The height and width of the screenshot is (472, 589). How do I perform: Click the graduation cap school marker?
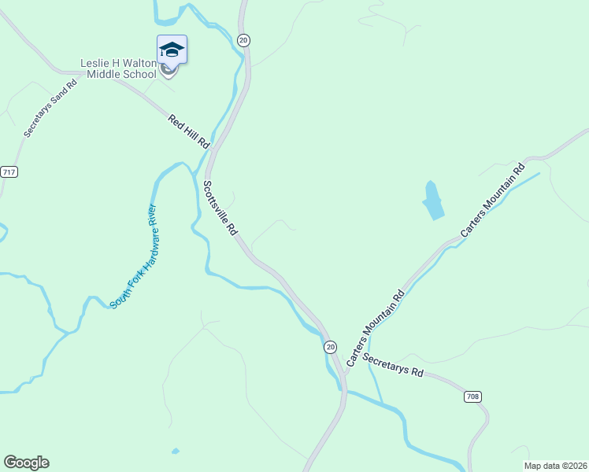172,50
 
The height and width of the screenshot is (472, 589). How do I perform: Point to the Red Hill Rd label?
188,131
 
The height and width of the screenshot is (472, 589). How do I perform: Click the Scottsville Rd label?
220,208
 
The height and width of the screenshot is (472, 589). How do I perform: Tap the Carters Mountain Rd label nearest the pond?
493,201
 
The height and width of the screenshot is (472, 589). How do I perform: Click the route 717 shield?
9,171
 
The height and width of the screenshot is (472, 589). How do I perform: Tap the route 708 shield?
472,396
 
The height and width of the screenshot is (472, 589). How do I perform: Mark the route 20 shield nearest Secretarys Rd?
330,346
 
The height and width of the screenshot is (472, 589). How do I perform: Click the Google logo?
26,463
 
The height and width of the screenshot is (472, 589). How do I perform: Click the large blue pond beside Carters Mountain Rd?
432,201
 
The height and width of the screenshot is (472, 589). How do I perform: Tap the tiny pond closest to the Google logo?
175,452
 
